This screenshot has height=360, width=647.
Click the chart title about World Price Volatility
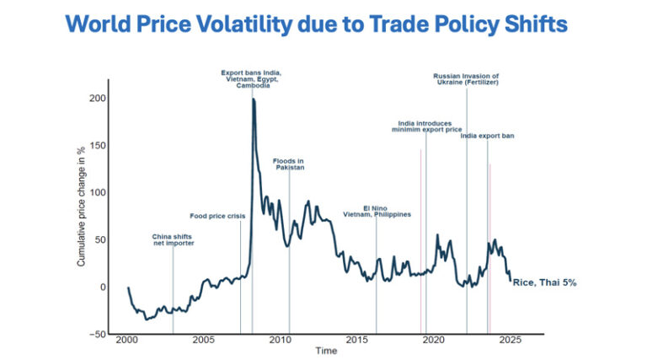316,24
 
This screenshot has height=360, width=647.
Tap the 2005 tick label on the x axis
203,340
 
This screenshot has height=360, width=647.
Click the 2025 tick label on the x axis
510,340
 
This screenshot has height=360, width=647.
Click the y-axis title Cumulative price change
82,207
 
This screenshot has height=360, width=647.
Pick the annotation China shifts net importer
174,240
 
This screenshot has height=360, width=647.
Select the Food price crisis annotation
217,217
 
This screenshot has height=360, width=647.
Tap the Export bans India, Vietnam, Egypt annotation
251,79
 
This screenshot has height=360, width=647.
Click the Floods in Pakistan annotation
289,164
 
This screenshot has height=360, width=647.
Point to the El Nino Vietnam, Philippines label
377,212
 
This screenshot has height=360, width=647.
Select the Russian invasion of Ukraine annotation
467,79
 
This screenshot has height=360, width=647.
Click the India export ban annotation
488,136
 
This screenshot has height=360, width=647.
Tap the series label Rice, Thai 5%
544,282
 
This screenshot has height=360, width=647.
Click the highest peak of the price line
254,100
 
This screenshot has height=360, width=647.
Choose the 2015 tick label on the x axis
356,340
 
